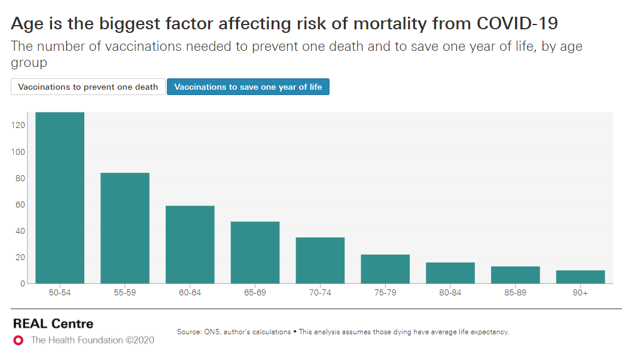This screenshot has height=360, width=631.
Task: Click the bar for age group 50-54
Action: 60,197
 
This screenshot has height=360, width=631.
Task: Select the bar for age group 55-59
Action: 125,228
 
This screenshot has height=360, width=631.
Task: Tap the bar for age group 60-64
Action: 190,244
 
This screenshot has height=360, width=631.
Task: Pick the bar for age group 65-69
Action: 255,252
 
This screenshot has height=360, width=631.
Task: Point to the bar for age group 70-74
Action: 321,260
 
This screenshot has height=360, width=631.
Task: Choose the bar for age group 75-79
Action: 385,269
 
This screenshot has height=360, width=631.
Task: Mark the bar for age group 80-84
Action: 450,273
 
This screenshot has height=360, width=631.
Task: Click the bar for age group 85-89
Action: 516,274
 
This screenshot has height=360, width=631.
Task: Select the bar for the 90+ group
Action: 581,277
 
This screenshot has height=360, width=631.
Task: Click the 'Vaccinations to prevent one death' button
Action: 88,87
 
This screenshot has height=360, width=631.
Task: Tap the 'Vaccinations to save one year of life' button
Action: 248,87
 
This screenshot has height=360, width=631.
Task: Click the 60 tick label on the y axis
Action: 19,205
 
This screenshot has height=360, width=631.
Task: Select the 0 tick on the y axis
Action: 22,283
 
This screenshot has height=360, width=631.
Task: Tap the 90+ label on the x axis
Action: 581,293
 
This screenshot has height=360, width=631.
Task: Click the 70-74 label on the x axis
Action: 321,293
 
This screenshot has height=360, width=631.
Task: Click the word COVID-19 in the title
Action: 517,24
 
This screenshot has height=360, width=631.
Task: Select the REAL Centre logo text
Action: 53,324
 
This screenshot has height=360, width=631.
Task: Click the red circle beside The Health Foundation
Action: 19,340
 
